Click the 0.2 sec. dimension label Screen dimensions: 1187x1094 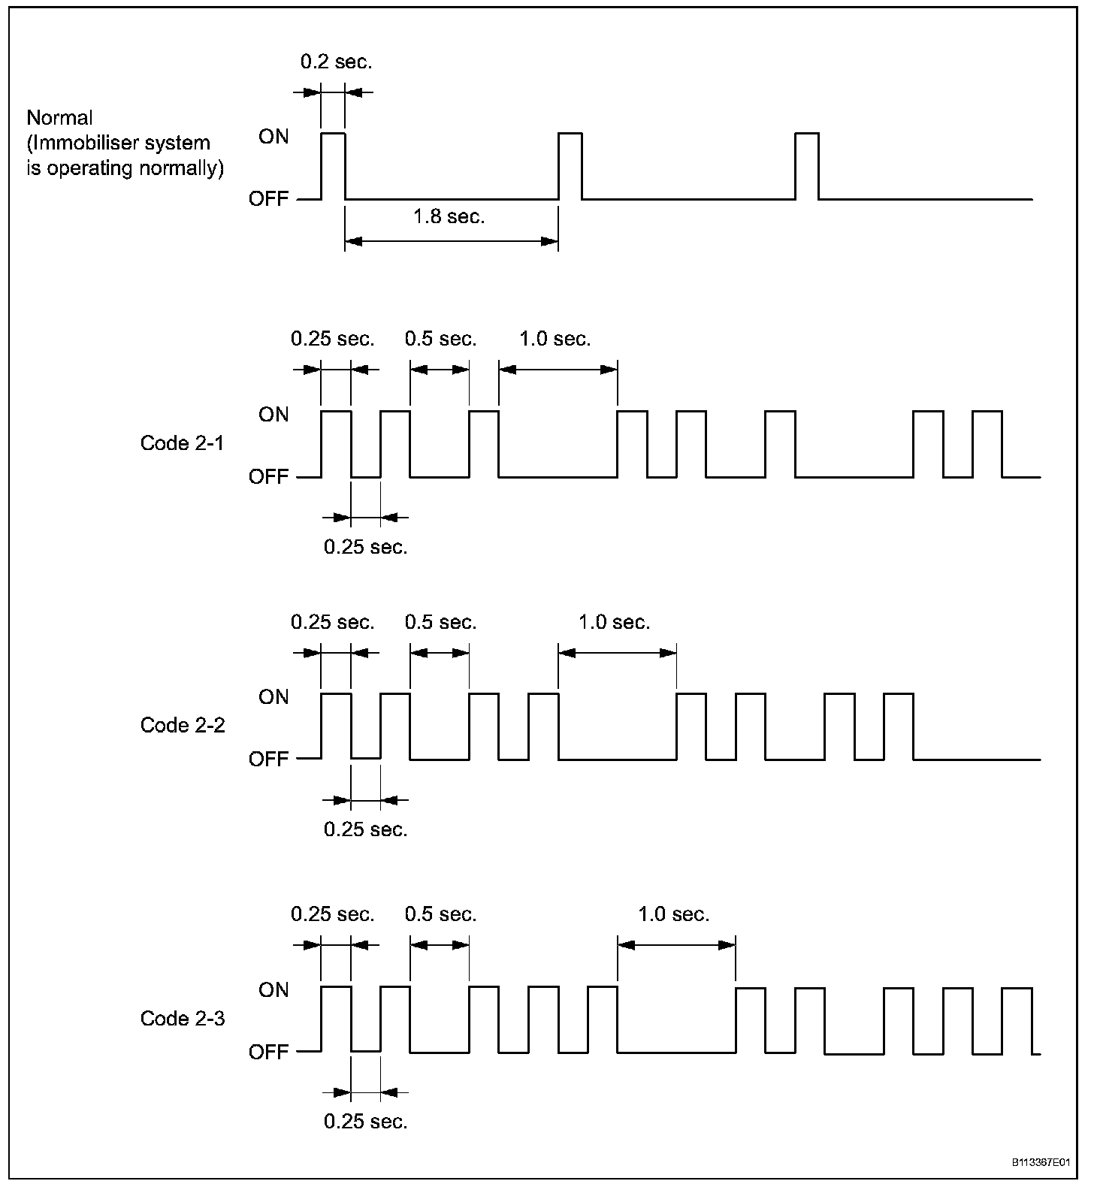tap(336, 62)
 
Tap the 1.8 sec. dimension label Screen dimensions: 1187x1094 tap(449, 217)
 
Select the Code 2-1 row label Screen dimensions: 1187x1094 tap(182, 443)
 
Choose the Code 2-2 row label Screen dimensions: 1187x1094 tap(182, 726)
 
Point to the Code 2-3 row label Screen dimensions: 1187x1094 tap(182, 1019)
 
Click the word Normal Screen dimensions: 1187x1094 tap(59, 118)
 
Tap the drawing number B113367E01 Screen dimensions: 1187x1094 tap(1040, 1163)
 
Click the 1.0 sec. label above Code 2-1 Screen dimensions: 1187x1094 tap(555, 340)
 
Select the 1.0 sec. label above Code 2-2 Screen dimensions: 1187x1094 tap(614, 623)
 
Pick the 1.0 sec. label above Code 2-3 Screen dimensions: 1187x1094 tap(673, 915)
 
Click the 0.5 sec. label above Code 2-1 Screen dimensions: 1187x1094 tap(440, 340)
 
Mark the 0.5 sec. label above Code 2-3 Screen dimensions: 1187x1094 tap(440, 915)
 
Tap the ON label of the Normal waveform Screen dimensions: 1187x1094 tap(273, 137)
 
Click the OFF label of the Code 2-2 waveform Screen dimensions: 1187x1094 tap(268, 760)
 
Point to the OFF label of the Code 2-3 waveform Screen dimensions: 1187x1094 tap(268, 1053)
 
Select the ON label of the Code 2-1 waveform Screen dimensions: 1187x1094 tap(273, 415)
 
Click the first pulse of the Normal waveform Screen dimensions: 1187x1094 tap(333, 165)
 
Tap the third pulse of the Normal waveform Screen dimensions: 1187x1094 tap(807, 165)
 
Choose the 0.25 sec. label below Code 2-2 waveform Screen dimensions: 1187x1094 tap(365, 829)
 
